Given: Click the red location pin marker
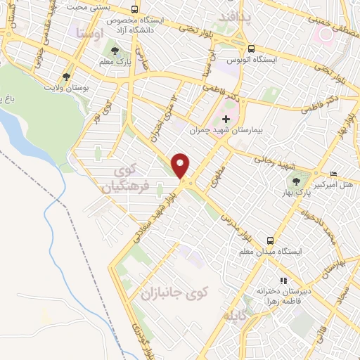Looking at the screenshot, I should tap(181, 166).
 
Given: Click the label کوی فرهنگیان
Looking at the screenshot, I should tap(129, 180).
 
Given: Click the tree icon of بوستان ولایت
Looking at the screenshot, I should tap(67, 76).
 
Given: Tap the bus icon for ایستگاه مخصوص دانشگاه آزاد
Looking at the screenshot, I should tap(134, 10).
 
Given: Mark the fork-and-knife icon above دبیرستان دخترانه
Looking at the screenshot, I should tap(284, 281).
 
